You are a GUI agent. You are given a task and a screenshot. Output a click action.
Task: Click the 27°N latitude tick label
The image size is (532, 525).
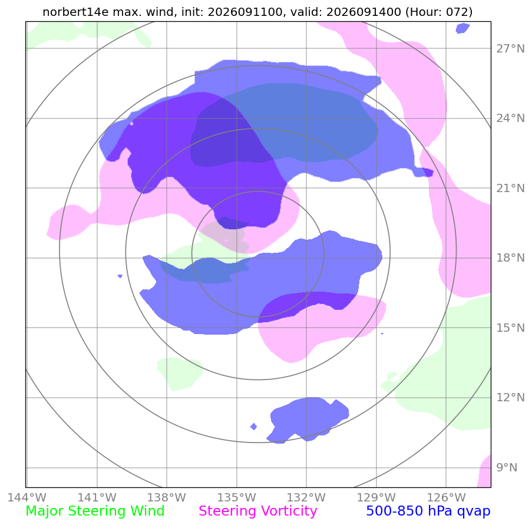tap(510, 49)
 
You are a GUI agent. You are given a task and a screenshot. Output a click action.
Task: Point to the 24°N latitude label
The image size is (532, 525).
tap(510, 118)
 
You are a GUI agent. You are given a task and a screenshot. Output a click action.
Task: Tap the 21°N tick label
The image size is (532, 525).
tap(510, 189)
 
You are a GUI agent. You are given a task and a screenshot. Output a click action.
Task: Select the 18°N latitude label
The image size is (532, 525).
tap(510, 258)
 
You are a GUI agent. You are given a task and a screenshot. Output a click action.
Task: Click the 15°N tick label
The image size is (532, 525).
tap(510, 328)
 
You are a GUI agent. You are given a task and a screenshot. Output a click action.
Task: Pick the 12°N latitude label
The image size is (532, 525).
tap(510, 397)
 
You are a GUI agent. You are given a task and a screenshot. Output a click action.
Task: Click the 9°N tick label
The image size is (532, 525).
tap(507, 468)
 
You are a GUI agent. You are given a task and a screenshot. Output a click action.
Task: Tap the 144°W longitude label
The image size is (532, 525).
tap(27, 497)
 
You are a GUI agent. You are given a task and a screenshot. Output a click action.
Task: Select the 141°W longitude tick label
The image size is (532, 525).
tap(97, 497)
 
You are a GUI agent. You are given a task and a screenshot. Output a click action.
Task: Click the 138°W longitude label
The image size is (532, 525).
tap(167, 497)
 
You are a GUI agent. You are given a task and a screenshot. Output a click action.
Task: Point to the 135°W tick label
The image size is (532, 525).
tap(236, 497)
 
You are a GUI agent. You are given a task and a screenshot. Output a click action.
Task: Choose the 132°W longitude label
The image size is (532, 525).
tap(306, 497)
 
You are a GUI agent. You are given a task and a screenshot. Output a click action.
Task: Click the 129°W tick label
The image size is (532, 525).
tap(376, 497)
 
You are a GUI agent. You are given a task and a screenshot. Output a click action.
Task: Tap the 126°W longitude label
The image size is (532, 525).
tap(446, 497)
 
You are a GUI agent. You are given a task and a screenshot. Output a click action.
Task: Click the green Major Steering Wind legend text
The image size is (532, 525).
tap(95, 511)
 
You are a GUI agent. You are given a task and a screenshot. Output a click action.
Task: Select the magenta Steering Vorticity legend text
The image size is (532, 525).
tap(258, 511)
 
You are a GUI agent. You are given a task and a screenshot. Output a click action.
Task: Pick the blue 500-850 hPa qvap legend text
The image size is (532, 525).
tap(428, 511)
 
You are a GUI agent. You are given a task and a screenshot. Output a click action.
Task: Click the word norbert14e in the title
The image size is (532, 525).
tap(75, 12)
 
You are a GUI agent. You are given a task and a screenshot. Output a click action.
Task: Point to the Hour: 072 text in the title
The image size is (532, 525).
tap(439, 12)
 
